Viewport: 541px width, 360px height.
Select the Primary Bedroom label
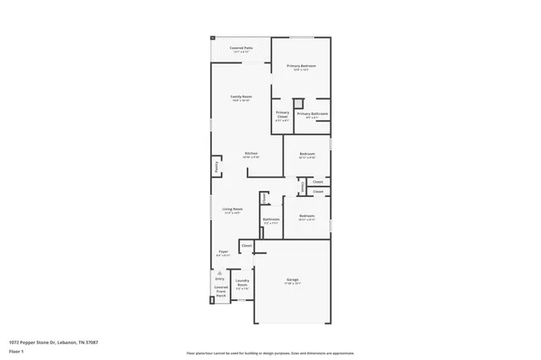300,68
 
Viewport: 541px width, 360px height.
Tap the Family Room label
241,99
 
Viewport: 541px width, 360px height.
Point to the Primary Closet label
282,116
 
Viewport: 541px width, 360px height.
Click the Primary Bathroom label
312,116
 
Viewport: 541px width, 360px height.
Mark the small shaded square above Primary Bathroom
298,103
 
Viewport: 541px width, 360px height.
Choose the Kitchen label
251,155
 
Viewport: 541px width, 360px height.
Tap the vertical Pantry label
216,167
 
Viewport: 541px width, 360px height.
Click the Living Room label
232,210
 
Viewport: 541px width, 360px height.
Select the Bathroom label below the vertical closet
270,221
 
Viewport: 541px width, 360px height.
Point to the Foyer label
223,253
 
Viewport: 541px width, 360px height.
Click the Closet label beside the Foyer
246,247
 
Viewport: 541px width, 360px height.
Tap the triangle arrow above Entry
220,273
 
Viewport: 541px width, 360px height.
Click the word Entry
220,279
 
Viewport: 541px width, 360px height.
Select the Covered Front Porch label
221,292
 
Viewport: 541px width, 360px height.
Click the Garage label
292,281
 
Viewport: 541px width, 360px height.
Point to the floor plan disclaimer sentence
270,353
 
